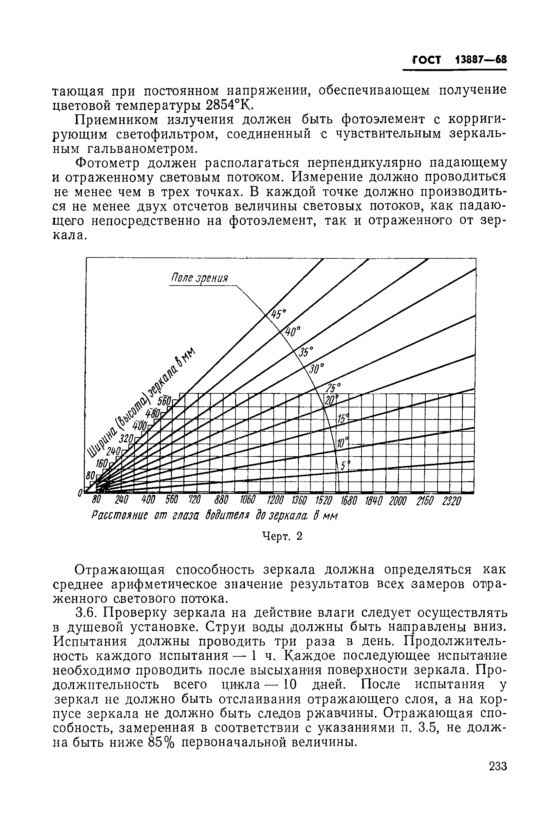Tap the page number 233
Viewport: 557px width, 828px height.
(x=497, y=766)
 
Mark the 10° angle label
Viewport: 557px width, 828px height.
(x=342, y=443)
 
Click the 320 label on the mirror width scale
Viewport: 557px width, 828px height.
(x=126, y=438)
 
